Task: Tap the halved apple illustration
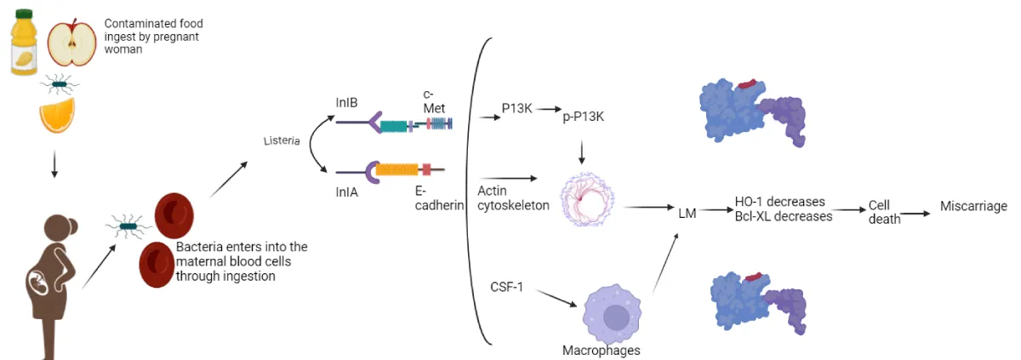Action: tap(71, 43)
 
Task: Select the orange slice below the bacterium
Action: tap(57, 116)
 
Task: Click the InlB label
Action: tap(346, 102)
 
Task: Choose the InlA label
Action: tap(346, 192)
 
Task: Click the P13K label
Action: tap(517, 109)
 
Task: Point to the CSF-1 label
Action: tap(506, 287)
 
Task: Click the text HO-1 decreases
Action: tap(779, 202)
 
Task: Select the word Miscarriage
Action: tap(973, 206)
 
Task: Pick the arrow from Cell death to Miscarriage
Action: tap(915, 214)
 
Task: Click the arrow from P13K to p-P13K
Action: tap(547, 110)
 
